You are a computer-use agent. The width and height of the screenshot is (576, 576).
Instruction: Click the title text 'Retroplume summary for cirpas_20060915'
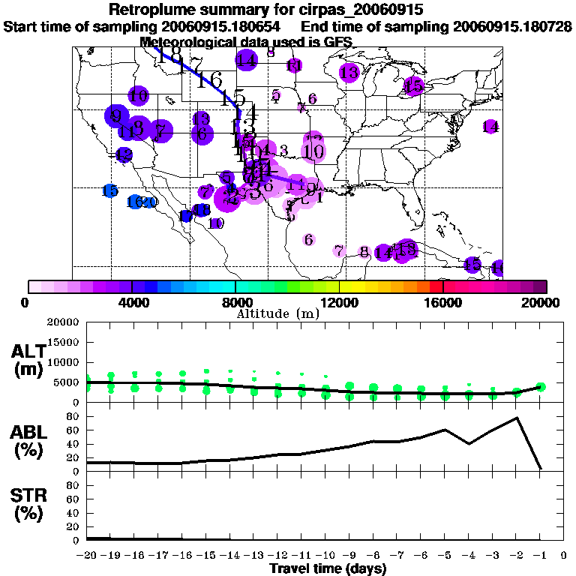point(271,10)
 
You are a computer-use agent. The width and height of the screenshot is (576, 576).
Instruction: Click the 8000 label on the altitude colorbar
point(235,302)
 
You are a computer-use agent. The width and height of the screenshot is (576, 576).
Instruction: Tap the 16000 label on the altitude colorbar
point(442,302)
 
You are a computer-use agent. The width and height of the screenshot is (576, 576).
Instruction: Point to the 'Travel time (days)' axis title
point(328,569)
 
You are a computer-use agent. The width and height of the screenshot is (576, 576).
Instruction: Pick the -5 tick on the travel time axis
point(445,556)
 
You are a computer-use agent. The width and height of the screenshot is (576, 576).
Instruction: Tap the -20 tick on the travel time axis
point(88,556)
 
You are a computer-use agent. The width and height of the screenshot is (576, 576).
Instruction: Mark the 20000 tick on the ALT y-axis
point(64,322)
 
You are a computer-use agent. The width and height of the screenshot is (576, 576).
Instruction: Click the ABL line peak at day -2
point(517,418)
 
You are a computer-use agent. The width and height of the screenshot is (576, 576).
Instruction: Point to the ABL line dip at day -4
point(469,443)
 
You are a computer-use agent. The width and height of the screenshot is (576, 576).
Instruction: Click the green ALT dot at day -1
point(541,387)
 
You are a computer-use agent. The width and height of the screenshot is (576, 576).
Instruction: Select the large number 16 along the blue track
point(210,80)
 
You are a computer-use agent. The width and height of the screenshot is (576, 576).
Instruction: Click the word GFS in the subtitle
point(327,42)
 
